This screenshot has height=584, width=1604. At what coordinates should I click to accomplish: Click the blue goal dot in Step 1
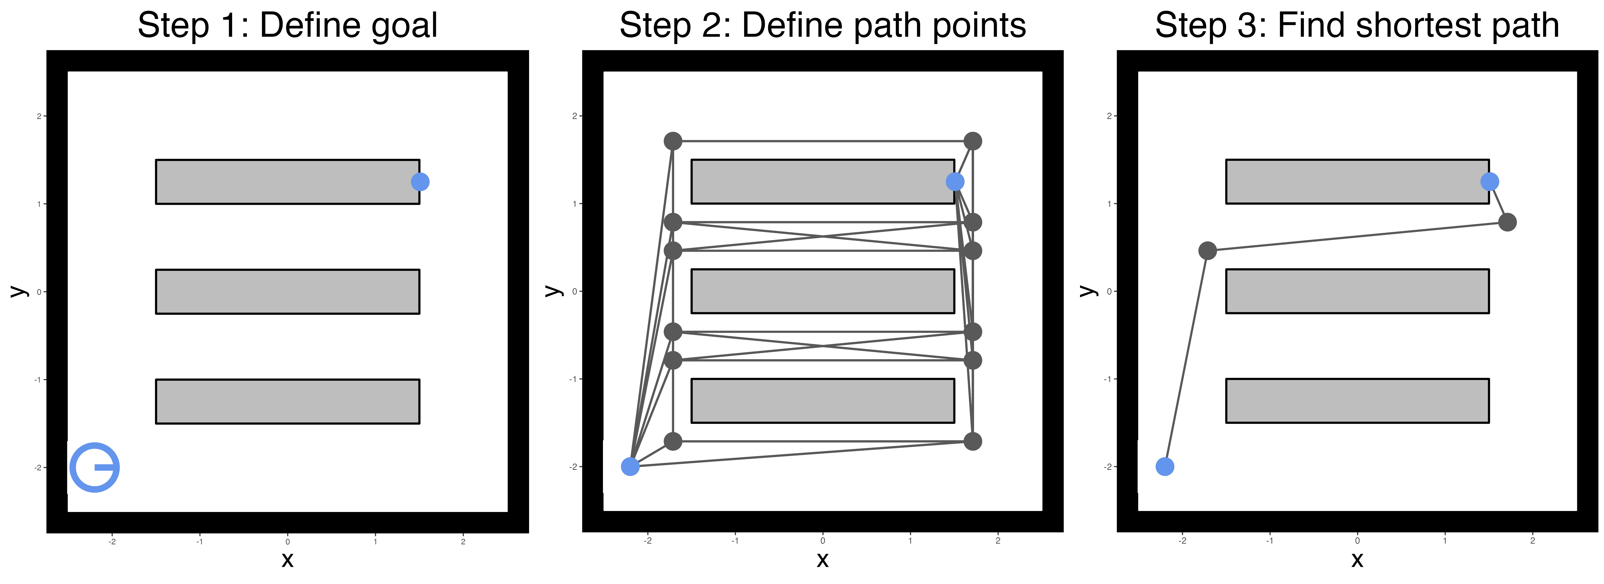[x=420, y=181]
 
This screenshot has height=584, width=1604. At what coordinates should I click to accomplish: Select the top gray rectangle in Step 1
[x=287, y=181]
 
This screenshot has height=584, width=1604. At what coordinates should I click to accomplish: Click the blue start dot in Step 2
[x=630, y=466]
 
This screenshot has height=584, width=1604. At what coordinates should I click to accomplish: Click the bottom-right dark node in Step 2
[x=973, y=441]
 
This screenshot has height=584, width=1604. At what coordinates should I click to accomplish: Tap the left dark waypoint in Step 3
[x=1207, y=251]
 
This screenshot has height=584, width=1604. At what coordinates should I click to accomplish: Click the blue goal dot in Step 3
[x=1490, y=181]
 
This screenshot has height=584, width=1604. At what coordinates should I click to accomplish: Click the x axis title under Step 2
[x=823, y=560]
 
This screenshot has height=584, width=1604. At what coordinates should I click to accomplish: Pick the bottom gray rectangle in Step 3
[x=1357, y=401]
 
